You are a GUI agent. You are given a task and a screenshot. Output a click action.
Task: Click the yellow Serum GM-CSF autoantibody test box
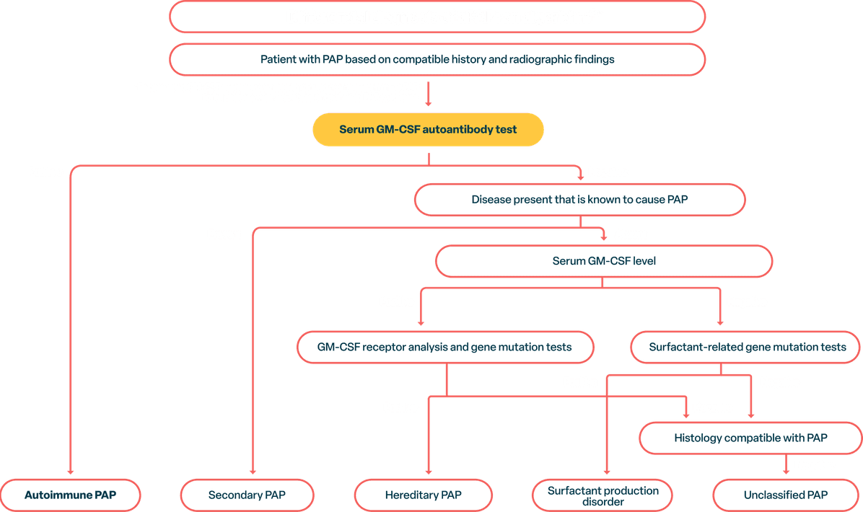(x=428, y=131)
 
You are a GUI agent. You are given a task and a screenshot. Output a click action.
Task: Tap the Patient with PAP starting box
(x=437, y=59)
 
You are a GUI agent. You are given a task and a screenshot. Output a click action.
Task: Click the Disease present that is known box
(x=579, y=199)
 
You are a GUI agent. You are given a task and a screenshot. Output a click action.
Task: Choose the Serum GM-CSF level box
(x=604, y=261)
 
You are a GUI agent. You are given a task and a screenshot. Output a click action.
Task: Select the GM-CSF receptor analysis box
(x=444, y=347)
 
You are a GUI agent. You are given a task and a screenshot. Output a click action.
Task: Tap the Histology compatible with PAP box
(x=750, y=438)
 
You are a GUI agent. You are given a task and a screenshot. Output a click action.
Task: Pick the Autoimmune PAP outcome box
(x=70, y=495)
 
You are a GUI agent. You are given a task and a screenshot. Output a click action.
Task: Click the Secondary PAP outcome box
(x=247, y=495)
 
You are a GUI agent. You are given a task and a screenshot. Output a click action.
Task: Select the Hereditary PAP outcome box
(x=423, y=495)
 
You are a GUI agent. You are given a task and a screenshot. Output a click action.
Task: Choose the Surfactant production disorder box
(x=603, y=495)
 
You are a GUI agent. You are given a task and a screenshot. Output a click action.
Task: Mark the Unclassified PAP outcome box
(x=785, y=495)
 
